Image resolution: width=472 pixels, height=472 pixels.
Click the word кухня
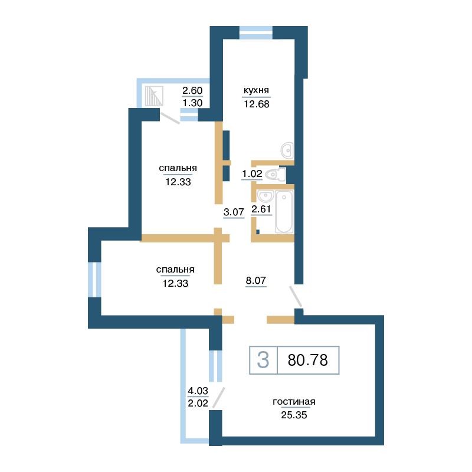pos(256,90)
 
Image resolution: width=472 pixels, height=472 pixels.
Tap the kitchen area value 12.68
pos(257,104)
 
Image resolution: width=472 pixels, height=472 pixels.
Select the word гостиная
pos(294,402)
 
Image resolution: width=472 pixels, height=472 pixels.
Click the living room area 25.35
pos(294,415)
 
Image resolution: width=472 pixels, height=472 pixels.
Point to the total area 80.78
pos(307,360)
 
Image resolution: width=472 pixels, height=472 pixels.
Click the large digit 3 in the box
pos(263,360)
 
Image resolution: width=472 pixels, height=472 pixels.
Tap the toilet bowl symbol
pos(276,174)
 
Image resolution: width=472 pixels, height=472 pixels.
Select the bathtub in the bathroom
pos(284,212)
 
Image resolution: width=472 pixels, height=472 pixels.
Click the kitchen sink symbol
pos(287,150)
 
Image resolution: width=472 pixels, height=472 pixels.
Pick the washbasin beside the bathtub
pos(265,196)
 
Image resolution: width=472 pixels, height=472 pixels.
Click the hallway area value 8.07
pos(256,281)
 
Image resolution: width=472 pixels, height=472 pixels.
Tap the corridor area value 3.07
pos(234,212)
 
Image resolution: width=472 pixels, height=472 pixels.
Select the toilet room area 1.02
pos(252,173)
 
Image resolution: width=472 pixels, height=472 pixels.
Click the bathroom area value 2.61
pos(261,209)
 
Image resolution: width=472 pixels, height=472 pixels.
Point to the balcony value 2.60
pos(192,91)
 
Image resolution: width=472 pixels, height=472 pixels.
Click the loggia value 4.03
pos(198,391)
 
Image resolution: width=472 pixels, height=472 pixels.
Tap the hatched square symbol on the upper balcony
pos(154,96)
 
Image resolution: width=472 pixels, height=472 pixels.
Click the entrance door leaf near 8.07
pos(296,297)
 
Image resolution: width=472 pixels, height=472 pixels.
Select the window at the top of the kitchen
pos(256,33)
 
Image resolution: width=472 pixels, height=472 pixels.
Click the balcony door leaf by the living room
pos(218,398)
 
